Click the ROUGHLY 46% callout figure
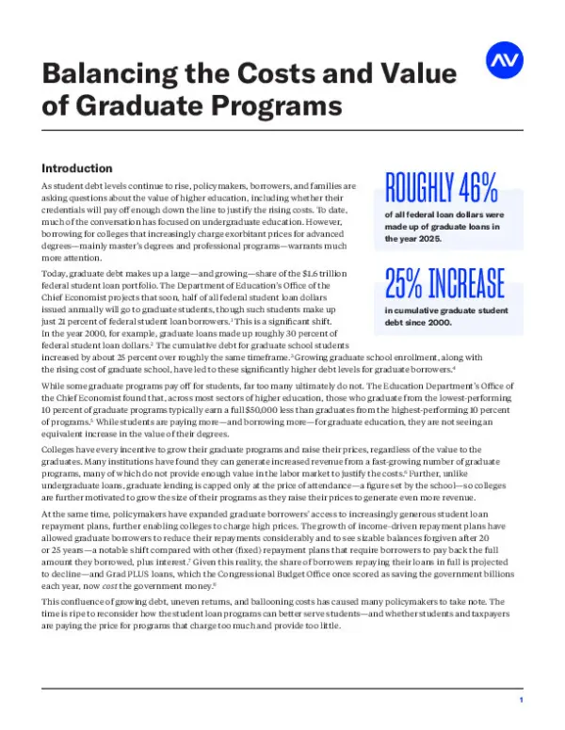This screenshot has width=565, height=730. [x=441, y=188]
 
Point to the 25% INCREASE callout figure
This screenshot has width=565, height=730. [x=444, y=281]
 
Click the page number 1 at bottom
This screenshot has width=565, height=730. [x=521, y=701]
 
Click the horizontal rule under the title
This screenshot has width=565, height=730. [x=282, y=130]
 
